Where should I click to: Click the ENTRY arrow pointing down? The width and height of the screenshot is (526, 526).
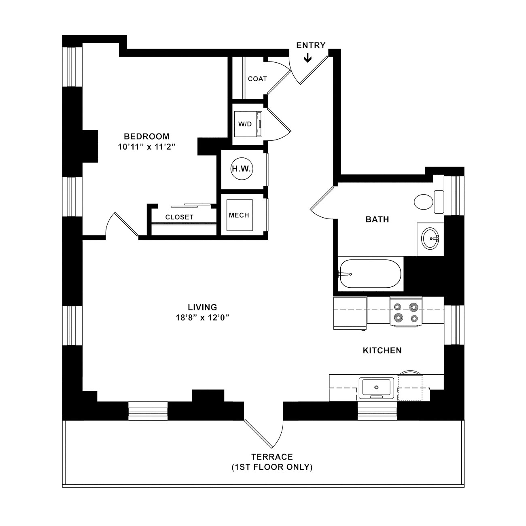(308, 57)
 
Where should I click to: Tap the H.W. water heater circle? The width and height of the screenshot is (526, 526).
(242, 169)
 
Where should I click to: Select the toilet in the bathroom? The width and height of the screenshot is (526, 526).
(428, 202)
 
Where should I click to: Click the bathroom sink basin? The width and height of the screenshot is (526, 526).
(431, 238)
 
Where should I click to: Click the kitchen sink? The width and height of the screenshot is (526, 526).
(376, 388)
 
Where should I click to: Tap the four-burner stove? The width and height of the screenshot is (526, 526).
(406, 312)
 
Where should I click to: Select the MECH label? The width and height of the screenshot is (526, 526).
(239, 215)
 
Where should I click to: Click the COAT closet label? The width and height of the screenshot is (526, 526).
(257, 79)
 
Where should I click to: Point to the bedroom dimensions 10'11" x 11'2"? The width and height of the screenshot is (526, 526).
(146, 147)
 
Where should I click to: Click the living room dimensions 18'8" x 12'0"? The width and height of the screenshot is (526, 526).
(202, 318)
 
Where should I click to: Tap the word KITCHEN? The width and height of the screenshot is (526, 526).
(382, 350)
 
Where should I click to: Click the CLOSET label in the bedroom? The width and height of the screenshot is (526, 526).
(179, 217)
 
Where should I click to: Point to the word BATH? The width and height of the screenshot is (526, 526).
(377, 219)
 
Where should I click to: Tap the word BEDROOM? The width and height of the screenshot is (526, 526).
(146, 136)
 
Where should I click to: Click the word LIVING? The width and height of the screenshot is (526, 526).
(202, 307)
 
